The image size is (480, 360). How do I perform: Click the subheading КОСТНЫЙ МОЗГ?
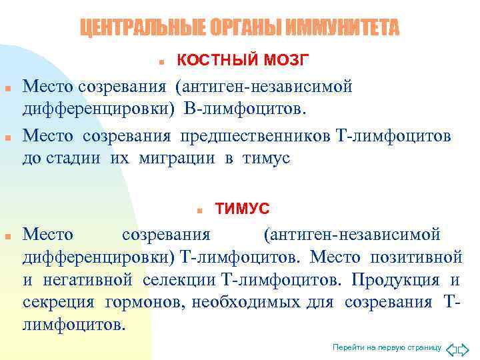coord(243,61)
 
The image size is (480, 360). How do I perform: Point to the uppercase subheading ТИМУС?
coord(243,209)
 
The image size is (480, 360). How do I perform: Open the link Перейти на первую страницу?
coord(387,348)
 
